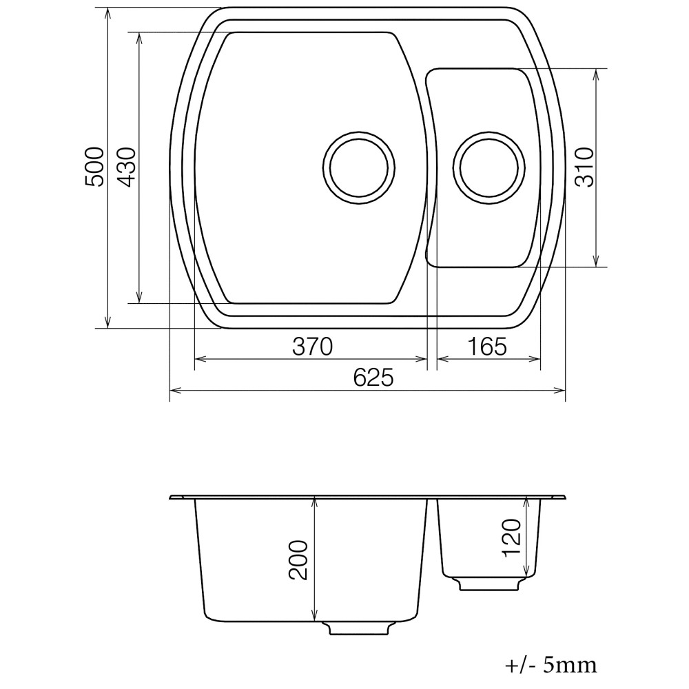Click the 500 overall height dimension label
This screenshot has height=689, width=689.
pyautogui.click(x=94, y=167)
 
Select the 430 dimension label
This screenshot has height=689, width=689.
pyautogui.click(x=127, y=167)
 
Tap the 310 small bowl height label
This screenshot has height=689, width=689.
pyautogui.click(x=584, y=167)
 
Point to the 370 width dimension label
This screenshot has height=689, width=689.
pyautogui.click(x=312, y=347)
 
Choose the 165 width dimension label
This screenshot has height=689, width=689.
pyautogui.click(x=487, y=347)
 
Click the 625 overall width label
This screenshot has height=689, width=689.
pyautogui.click(x=373, y=378)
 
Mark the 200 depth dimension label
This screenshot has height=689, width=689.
pyautogui.click(x=298, y=560)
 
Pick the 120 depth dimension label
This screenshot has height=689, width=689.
pyautogui.click(x=511, y=539)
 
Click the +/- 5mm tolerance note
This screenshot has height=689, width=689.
pyautogui.click(x=551, y=666)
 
